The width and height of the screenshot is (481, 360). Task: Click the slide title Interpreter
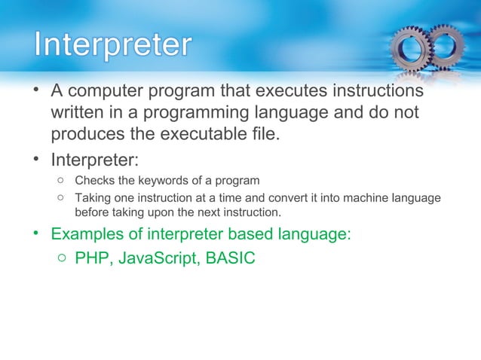pyautogui.click(x=112, y=44)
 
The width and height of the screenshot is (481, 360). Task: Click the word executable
pyautogui.click(x=219, y=136)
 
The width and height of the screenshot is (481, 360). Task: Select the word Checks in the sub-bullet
pyautogui.click(x=95, y=181)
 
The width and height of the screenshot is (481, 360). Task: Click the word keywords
pyautogui.click(x=161, y=181)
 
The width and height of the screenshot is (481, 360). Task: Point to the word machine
pyautogui.click(x=355, y=198)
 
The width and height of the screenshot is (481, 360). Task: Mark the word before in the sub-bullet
pyautogui.click(x=93, y=211)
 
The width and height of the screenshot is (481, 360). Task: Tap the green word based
pyautogui.click(x=238, y=233)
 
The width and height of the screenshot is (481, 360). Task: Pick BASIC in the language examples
pyautogui.click(x=228, y=259)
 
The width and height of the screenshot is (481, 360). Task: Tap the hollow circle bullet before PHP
pyautogui.click(x=61, y=259)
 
